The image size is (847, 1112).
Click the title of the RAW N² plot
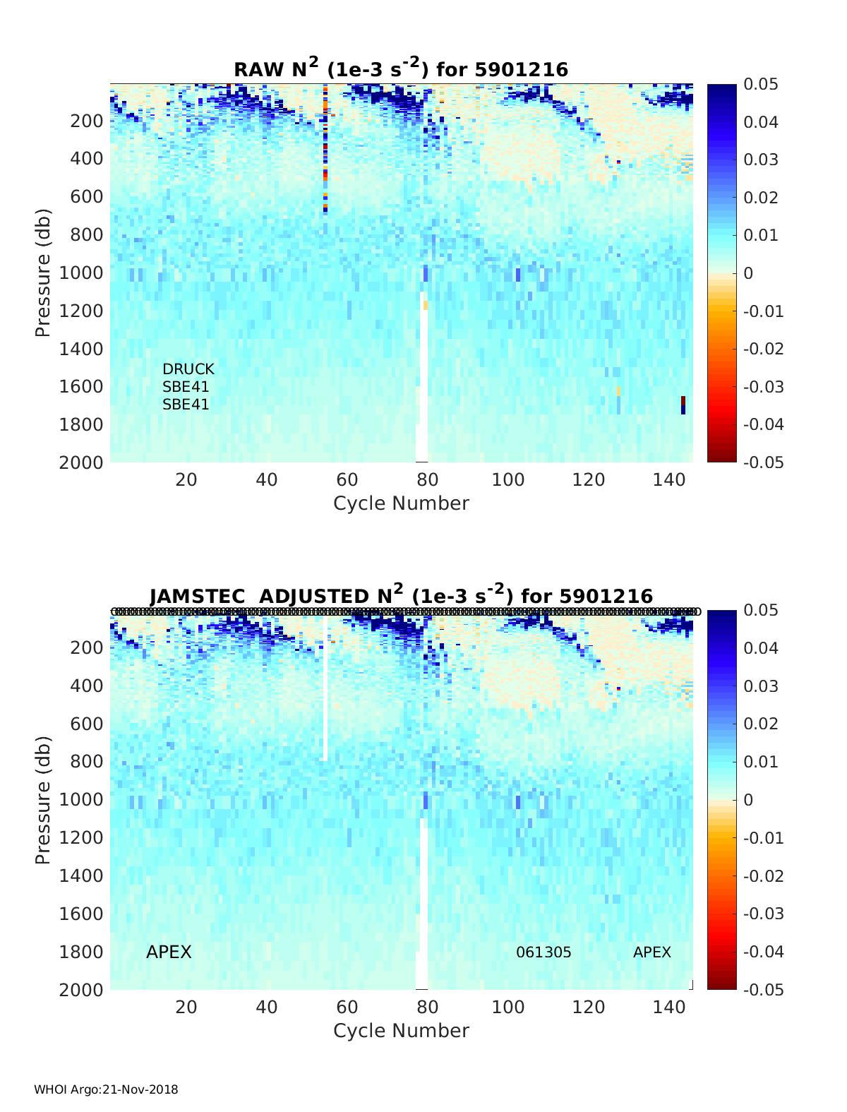click(401, 68)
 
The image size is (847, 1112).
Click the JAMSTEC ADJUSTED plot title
click(401, 595)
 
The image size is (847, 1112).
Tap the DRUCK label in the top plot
click(188, 369)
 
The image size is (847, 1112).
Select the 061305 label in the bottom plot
click(543, 952)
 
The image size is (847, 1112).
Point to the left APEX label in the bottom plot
click(169, 952)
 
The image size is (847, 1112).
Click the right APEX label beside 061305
click(651, 952)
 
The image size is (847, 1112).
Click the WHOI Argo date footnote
click(106, 1089)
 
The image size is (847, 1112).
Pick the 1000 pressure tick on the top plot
click(88, 273)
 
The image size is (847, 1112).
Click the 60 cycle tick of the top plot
click(347, 480)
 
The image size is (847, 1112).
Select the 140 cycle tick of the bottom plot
click(669, 1008)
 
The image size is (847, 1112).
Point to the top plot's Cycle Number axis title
click(401, 503)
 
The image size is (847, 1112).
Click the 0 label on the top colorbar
click(749, 273)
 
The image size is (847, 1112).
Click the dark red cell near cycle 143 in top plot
click(683, 402)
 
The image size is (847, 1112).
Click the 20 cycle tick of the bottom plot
click(186, 1008)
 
